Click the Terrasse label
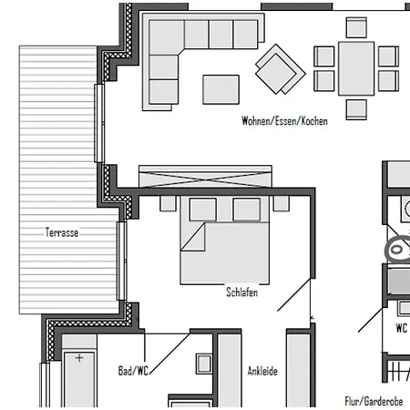click(x=62, y=232)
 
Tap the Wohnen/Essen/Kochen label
click(x=284, y=121)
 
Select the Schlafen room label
click(x=242, y=292)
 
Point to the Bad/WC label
click(x=133, y=371)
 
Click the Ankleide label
click(x=262, y=371)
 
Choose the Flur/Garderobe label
click(x=374, y=401)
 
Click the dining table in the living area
click(x=356, y=68)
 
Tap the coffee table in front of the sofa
click(x=221, y=89)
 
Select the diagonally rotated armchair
click(x=281, y=69)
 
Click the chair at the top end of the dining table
click(x=356, y=27)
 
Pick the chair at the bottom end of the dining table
click(x=356, y=109)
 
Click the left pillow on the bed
click(x=203, y=210)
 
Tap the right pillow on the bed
click(x=247, y=210)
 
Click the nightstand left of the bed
click(x=168, y=203)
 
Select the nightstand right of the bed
click(x=282, y=203)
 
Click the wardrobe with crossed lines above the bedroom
click(x=205, y=177)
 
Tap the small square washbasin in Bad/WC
click(x=204, y=364)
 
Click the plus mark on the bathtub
click(x=79, y=358)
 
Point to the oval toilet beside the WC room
click(x=397, y=250)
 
